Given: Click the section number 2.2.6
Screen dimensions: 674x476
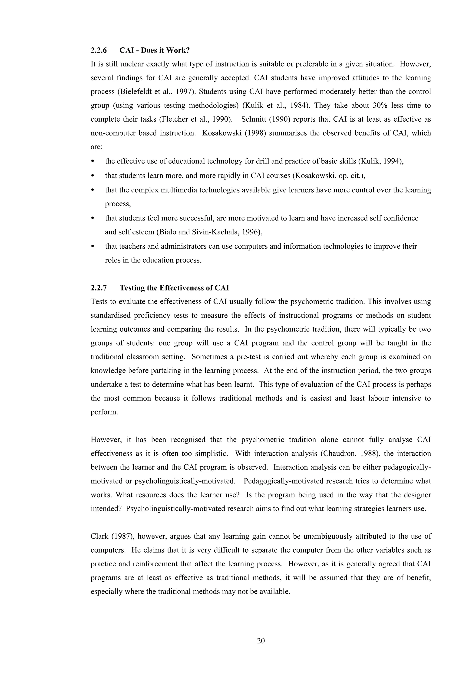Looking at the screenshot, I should [99, 50].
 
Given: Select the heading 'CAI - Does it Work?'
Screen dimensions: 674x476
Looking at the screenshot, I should [155, 50].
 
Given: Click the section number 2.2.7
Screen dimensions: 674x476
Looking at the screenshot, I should [99, 288].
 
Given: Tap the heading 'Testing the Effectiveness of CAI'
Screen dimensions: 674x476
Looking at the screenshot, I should [174, 288].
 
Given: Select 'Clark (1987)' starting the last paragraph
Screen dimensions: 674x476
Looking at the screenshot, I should [112, 536].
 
